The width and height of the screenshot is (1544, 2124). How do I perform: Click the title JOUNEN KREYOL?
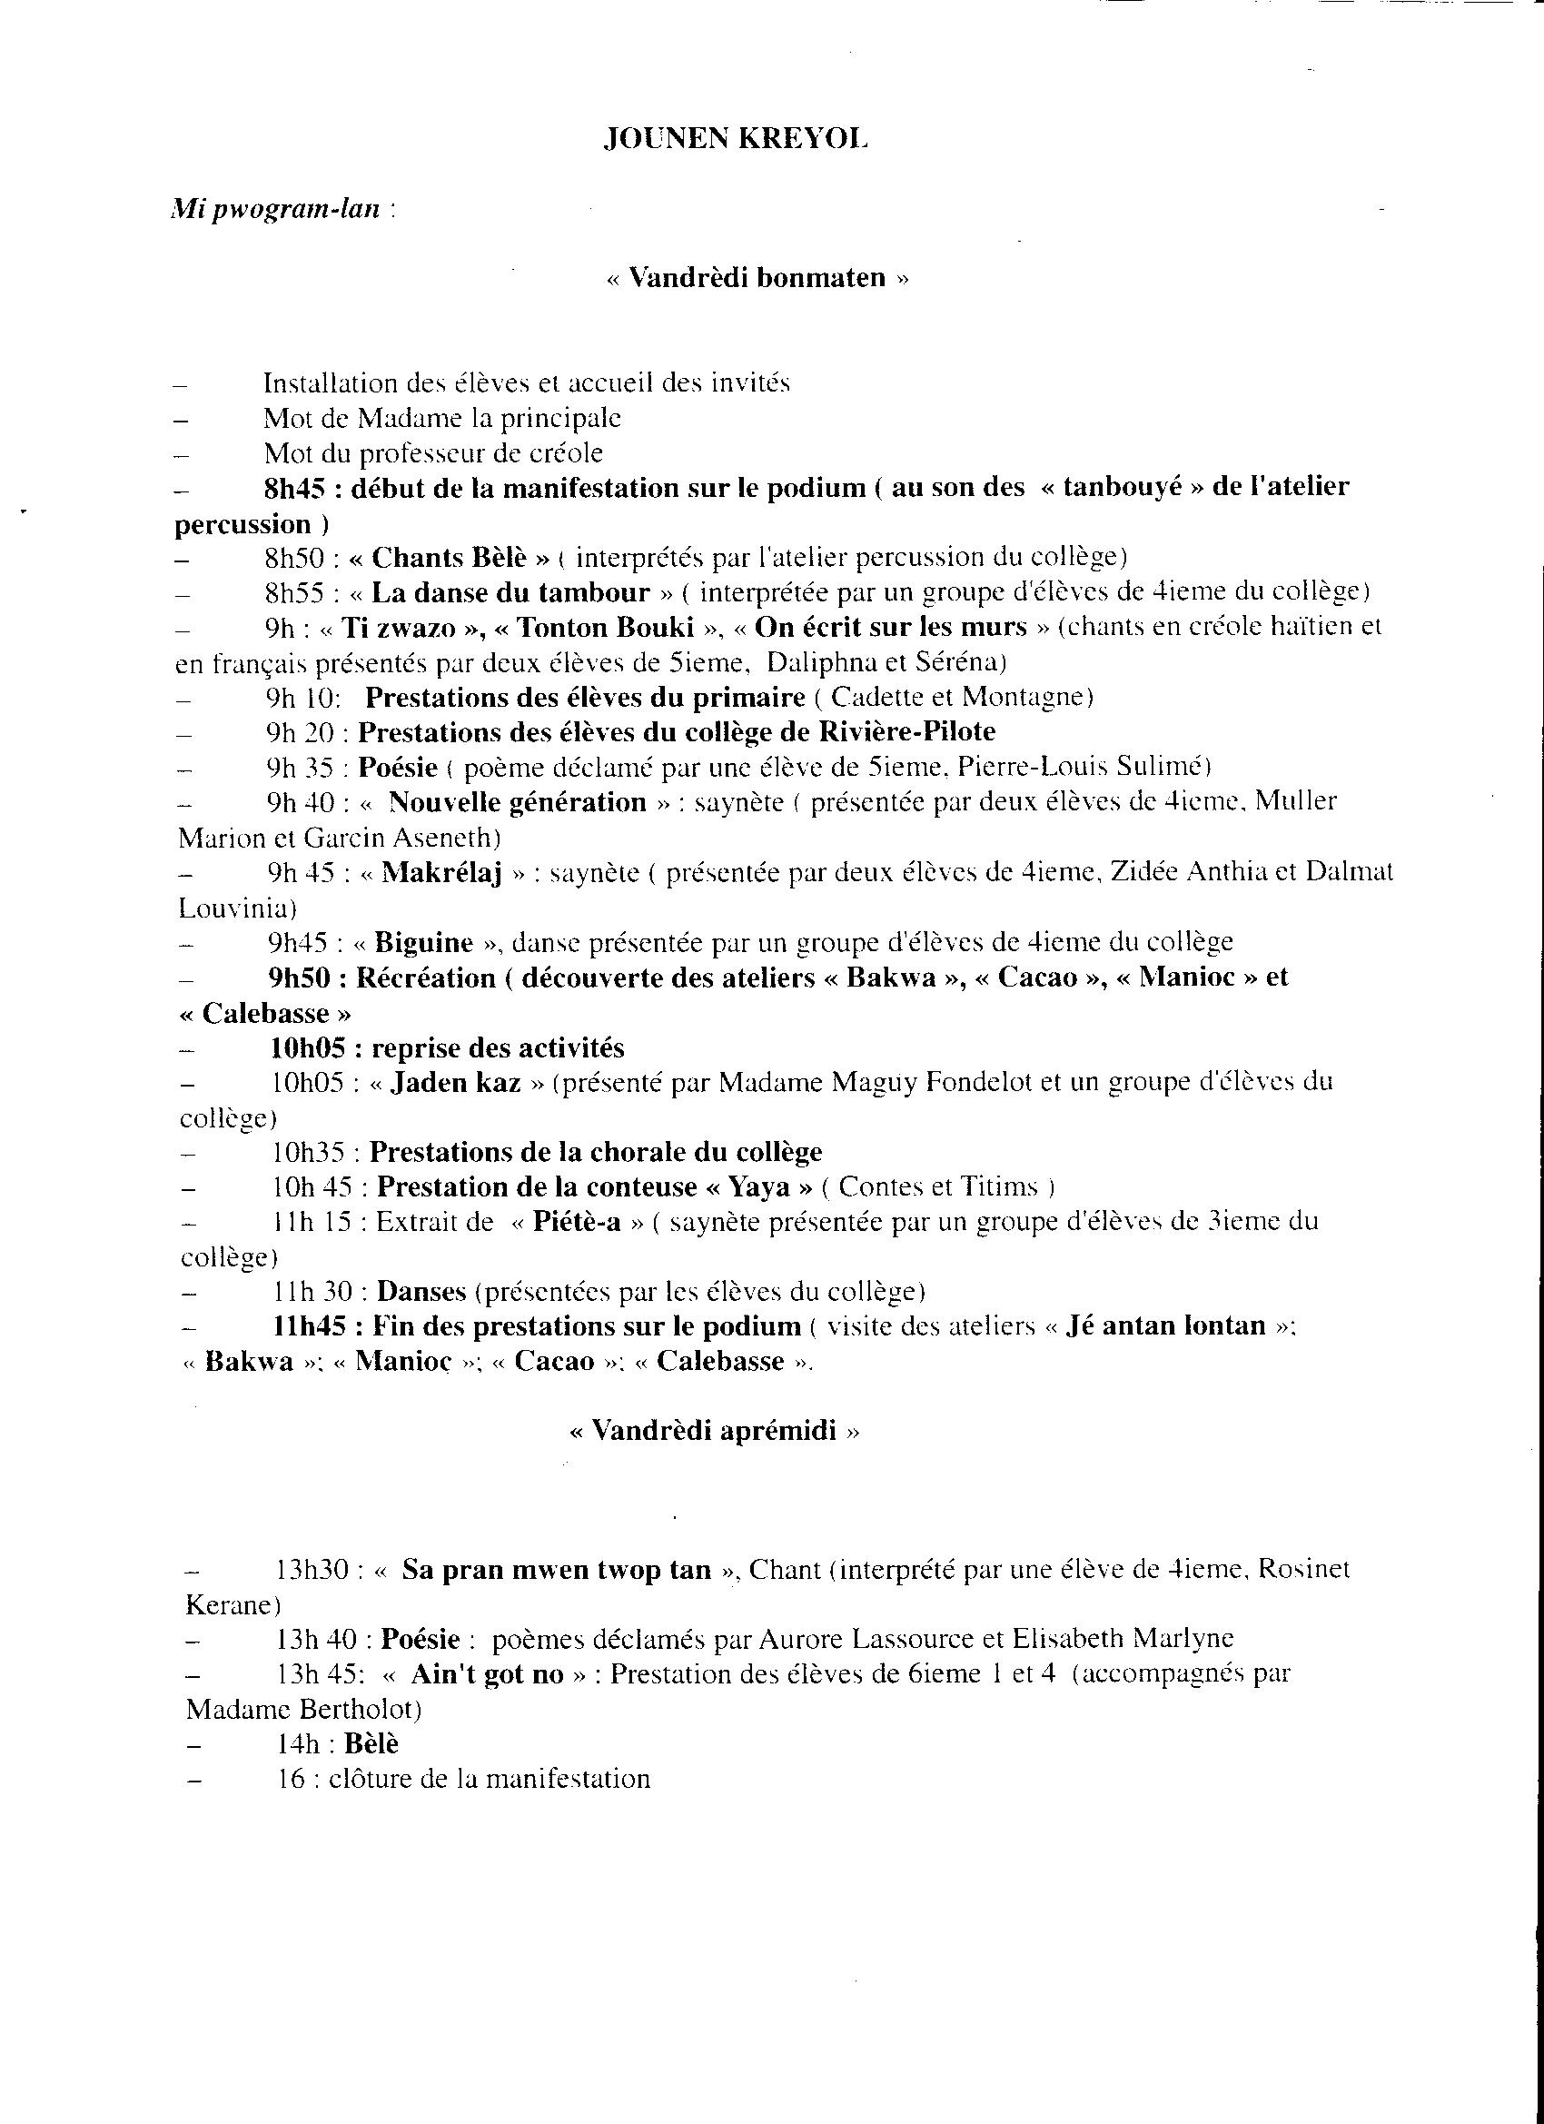[x=735, y=140]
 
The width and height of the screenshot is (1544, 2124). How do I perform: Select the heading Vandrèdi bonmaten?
[x=757, y=277]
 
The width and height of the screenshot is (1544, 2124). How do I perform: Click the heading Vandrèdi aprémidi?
[x=714, y=1431]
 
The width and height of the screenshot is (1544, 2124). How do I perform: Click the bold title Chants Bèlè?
[x=449, y=558]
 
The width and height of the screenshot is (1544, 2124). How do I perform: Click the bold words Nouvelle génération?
[x=517, y=802]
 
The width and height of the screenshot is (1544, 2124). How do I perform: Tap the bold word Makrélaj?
[x=442, y=873]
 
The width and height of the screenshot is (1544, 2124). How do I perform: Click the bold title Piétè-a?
[x=577, y=1222]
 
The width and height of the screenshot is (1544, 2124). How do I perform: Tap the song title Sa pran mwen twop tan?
[x=556, y=1570]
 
